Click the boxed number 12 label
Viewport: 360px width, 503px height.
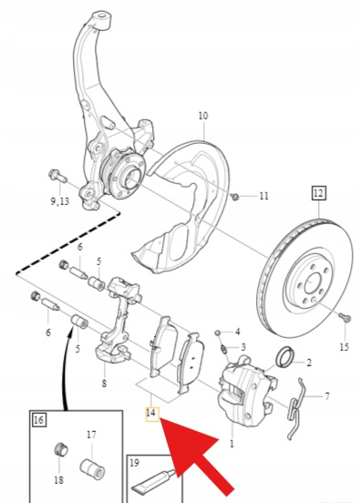[318, 193]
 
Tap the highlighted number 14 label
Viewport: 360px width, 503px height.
[151, 414]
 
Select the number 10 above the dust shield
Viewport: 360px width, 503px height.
[203, 116]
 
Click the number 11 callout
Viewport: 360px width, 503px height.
[263, 196]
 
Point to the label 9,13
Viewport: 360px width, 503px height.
[59, 201]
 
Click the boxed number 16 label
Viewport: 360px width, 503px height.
[39, 420]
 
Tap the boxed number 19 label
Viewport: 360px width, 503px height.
[135, 463]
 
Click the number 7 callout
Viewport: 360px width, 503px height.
[326, 396]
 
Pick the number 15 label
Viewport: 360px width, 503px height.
[344, 347]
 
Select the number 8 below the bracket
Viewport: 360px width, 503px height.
[104, 383]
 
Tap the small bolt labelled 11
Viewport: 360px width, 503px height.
[235, 196]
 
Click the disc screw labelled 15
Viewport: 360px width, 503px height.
[345, 317]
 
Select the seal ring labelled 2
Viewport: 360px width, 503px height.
[283, 356]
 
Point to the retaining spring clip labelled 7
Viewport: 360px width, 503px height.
[296, 407]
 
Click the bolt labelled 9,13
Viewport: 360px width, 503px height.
[57, 176]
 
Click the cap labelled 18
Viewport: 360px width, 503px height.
[60, 449]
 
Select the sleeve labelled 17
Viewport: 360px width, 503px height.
[92, 468]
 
